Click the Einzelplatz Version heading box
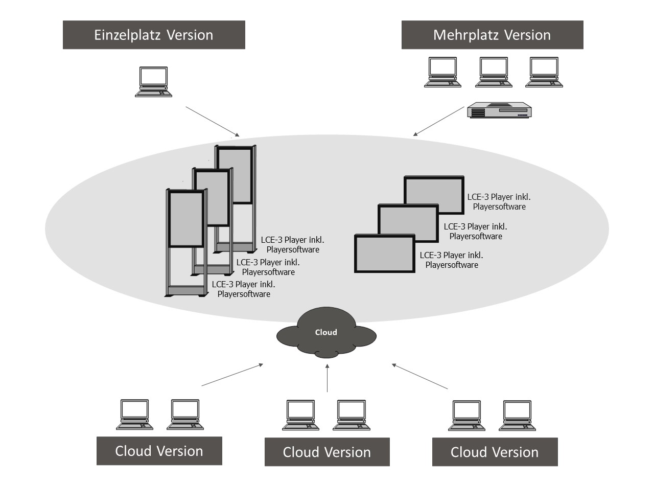pos(154,35)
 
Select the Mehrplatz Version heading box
pos(492,35)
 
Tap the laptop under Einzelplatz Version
pos(153,81)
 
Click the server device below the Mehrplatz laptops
pos(500,110)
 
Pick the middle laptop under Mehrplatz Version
pos(493,72)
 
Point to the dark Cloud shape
pos(326,333)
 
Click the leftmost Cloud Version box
pos(159,451)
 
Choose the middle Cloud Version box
pos(327,452)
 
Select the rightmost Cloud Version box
pos(495,452)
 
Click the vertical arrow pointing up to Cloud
pos(327,378)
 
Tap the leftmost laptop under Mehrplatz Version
pos(442,72)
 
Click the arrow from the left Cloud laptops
pos(232,375)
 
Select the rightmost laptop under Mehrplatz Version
pos(544,72)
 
